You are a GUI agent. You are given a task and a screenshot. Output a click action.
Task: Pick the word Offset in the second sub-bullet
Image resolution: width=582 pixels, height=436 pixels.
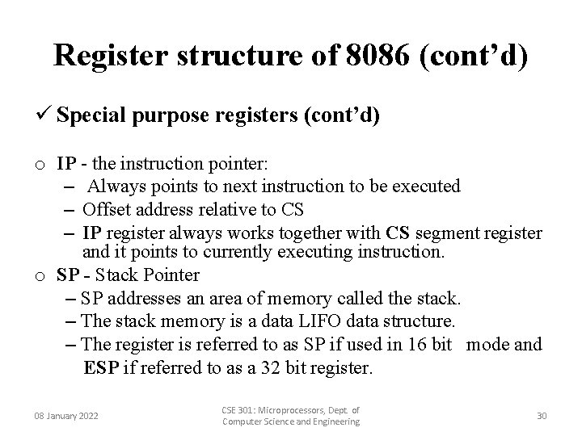coord(109,210)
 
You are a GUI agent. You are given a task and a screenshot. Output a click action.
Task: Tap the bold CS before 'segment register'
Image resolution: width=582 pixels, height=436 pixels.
coord(398,233)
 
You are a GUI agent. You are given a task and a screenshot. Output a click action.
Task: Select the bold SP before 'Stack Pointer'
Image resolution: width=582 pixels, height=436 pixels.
coord(68,275)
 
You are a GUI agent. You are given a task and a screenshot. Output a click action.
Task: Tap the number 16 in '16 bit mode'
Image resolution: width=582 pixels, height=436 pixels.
coord(415,344)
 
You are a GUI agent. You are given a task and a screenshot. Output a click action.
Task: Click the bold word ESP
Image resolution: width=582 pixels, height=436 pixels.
coord(100,368)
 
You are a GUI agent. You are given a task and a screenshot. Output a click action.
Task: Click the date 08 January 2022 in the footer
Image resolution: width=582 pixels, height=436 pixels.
coord(65,416)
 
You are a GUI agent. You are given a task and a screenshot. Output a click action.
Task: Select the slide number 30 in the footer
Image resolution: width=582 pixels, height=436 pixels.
coord(541,415)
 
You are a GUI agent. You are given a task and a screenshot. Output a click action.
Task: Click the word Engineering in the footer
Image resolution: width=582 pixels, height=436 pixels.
coord(331,422)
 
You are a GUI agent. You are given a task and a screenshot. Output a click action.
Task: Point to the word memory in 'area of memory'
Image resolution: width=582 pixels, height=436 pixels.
coord(294,299)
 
